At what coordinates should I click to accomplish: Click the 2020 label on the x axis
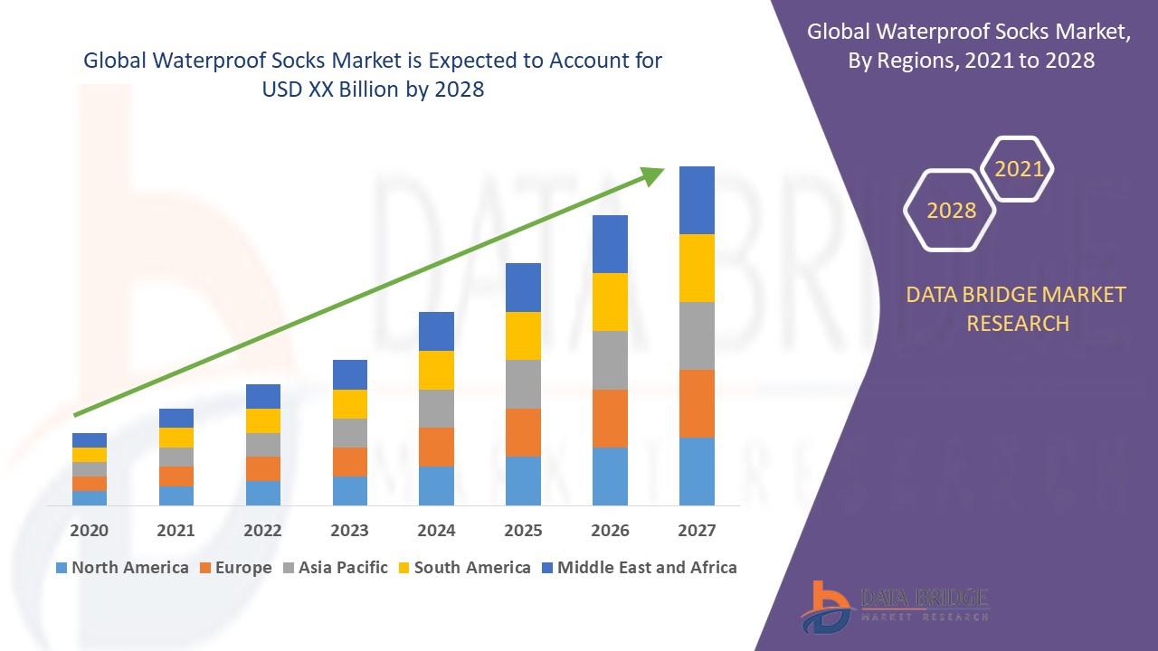tap(89, 530)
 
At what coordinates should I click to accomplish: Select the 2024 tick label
tap(436, 530)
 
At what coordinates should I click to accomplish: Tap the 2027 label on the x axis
tap(697, 530)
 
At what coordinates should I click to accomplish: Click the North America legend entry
tap(122, 568)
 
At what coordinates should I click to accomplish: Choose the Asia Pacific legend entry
tap(336, 568)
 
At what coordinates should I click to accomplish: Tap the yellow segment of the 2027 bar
tap(697, 268)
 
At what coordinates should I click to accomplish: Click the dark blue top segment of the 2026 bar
tap(610, 244)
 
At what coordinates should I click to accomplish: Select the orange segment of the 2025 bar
tap(523, 432)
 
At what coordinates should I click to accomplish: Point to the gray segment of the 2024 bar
tap(436, 409)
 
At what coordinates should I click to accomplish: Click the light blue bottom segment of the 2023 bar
tap(349, 490)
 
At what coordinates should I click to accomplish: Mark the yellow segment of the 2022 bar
tap(262, 420)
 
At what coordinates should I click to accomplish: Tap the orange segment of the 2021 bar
tap(176, 476)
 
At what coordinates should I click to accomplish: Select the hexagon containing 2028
tap(950, 210)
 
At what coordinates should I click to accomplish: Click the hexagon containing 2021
tap(1018, 169)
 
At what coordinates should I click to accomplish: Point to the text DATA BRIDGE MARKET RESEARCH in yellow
tap(1017, 308)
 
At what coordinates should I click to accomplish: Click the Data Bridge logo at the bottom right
tap(894, 606)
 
